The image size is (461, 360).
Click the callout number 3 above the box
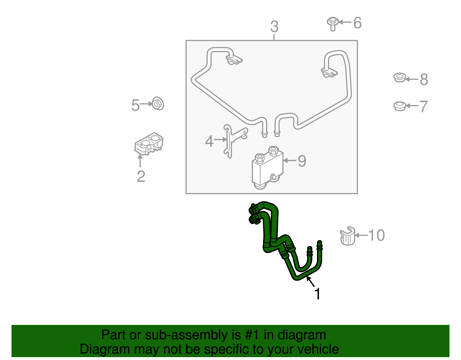[274, 27]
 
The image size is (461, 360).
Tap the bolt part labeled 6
[332, 24]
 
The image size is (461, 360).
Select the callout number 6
[357, 23]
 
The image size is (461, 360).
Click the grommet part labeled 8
[400, 78]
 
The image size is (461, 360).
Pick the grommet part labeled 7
[400, 106]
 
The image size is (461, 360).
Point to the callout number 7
[423, 106]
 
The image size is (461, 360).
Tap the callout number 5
[135, 105]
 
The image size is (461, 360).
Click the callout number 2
[141, 176]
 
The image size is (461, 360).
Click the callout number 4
[209, 141]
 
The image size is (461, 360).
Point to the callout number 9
[302, 161]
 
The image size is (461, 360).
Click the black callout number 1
[317, 294]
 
